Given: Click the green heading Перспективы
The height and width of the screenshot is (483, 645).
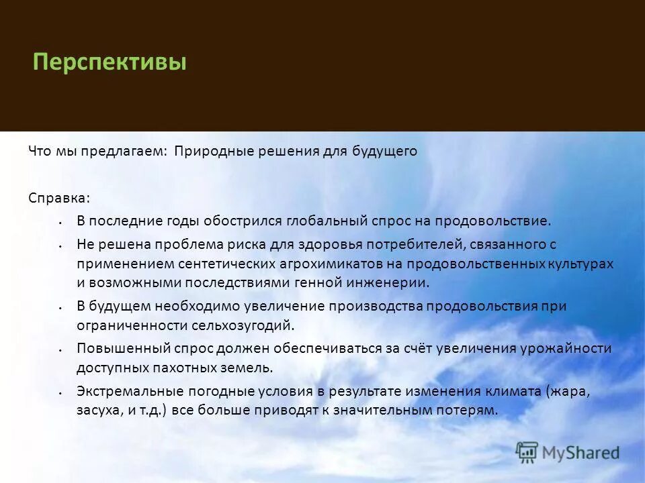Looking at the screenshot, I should [110, 64].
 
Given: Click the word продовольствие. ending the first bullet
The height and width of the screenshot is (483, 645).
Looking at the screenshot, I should [492, 221].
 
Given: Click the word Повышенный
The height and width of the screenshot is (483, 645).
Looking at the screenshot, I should [115, 349].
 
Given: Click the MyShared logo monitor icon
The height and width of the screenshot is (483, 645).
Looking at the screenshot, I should [527, 453].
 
